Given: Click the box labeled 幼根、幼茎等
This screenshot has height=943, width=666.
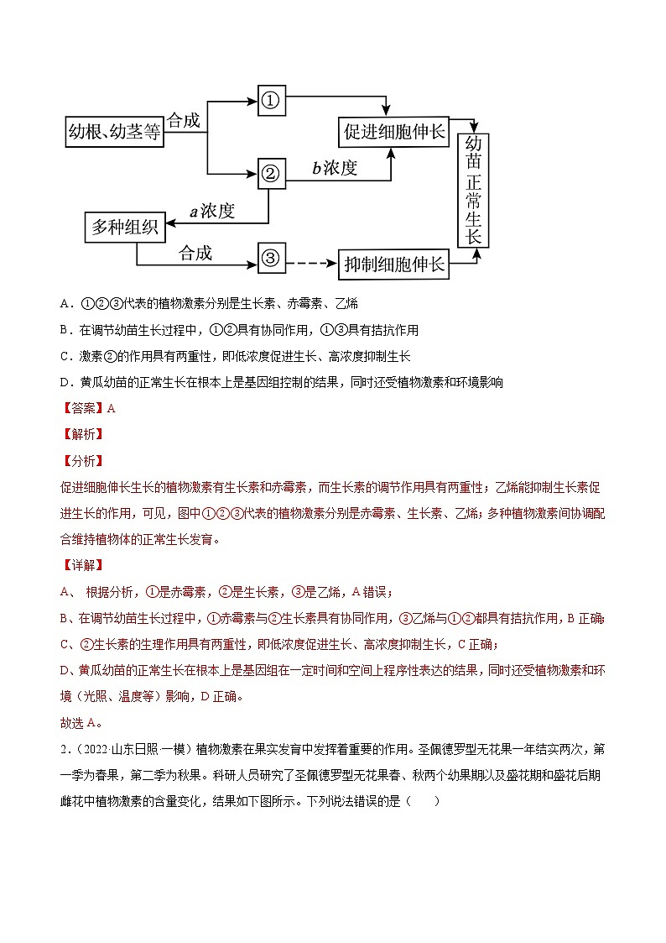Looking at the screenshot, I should (114, 132).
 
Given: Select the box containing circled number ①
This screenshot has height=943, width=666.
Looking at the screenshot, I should (270, 101).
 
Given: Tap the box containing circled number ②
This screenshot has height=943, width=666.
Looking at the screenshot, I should (270, 174).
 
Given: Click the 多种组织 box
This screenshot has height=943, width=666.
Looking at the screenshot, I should (126, 227).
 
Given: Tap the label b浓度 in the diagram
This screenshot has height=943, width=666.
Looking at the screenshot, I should (335, 168).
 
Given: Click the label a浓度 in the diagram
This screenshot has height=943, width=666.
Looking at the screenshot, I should (211, 212).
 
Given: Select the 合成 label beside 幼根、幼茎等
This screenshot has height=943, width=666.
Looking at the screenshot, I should (184, 121).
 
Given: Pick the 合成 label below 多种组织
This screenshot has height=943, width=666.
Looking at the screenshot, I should (195, 253).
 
